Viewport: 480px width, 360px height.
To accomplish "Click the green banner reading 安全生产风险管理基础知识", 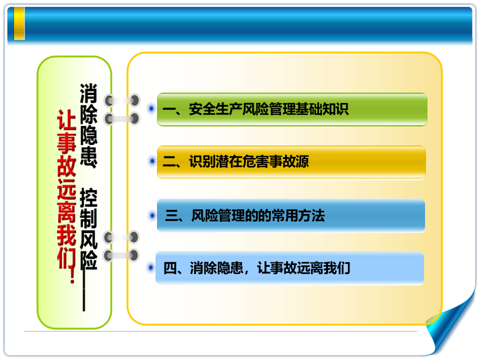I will point(292,109).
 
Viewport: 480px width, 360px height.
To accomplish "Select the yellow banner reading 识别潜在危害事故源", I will point(291,162).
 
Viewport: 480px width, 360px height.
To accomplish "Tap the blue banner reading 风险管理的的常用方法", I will point(291,215).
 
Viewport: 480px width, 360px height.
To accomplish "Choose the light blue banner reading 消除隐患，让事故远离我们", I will point(290,268).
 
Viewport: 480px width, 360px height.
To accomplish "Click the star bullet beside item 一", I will point(150,108).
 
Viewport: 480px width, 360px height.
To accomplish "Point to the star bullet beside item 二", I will point(151,161).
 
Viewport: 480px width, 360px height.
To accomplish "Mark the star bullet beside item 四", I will point(150,268).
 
